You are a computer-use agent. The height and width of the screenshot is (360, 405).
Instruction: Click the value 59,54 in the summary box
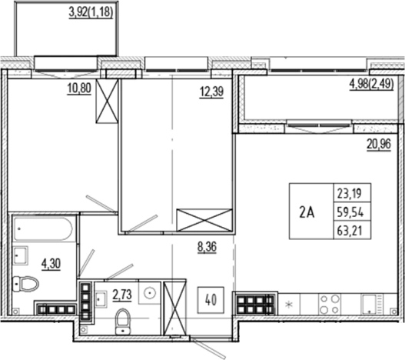[349, 211]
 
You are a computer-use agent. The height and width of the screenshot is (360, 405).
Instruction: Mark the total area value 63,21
[349, 228]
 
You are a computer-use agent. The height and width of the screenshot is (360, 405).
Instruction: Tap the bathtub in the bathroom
[45, 229]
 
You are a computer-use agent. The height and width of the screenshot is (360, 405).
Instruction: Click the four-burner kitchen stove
[330, 301]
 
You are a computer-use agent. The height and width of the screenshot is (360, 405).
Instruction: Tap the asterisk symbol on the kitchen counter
[288, 305]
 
